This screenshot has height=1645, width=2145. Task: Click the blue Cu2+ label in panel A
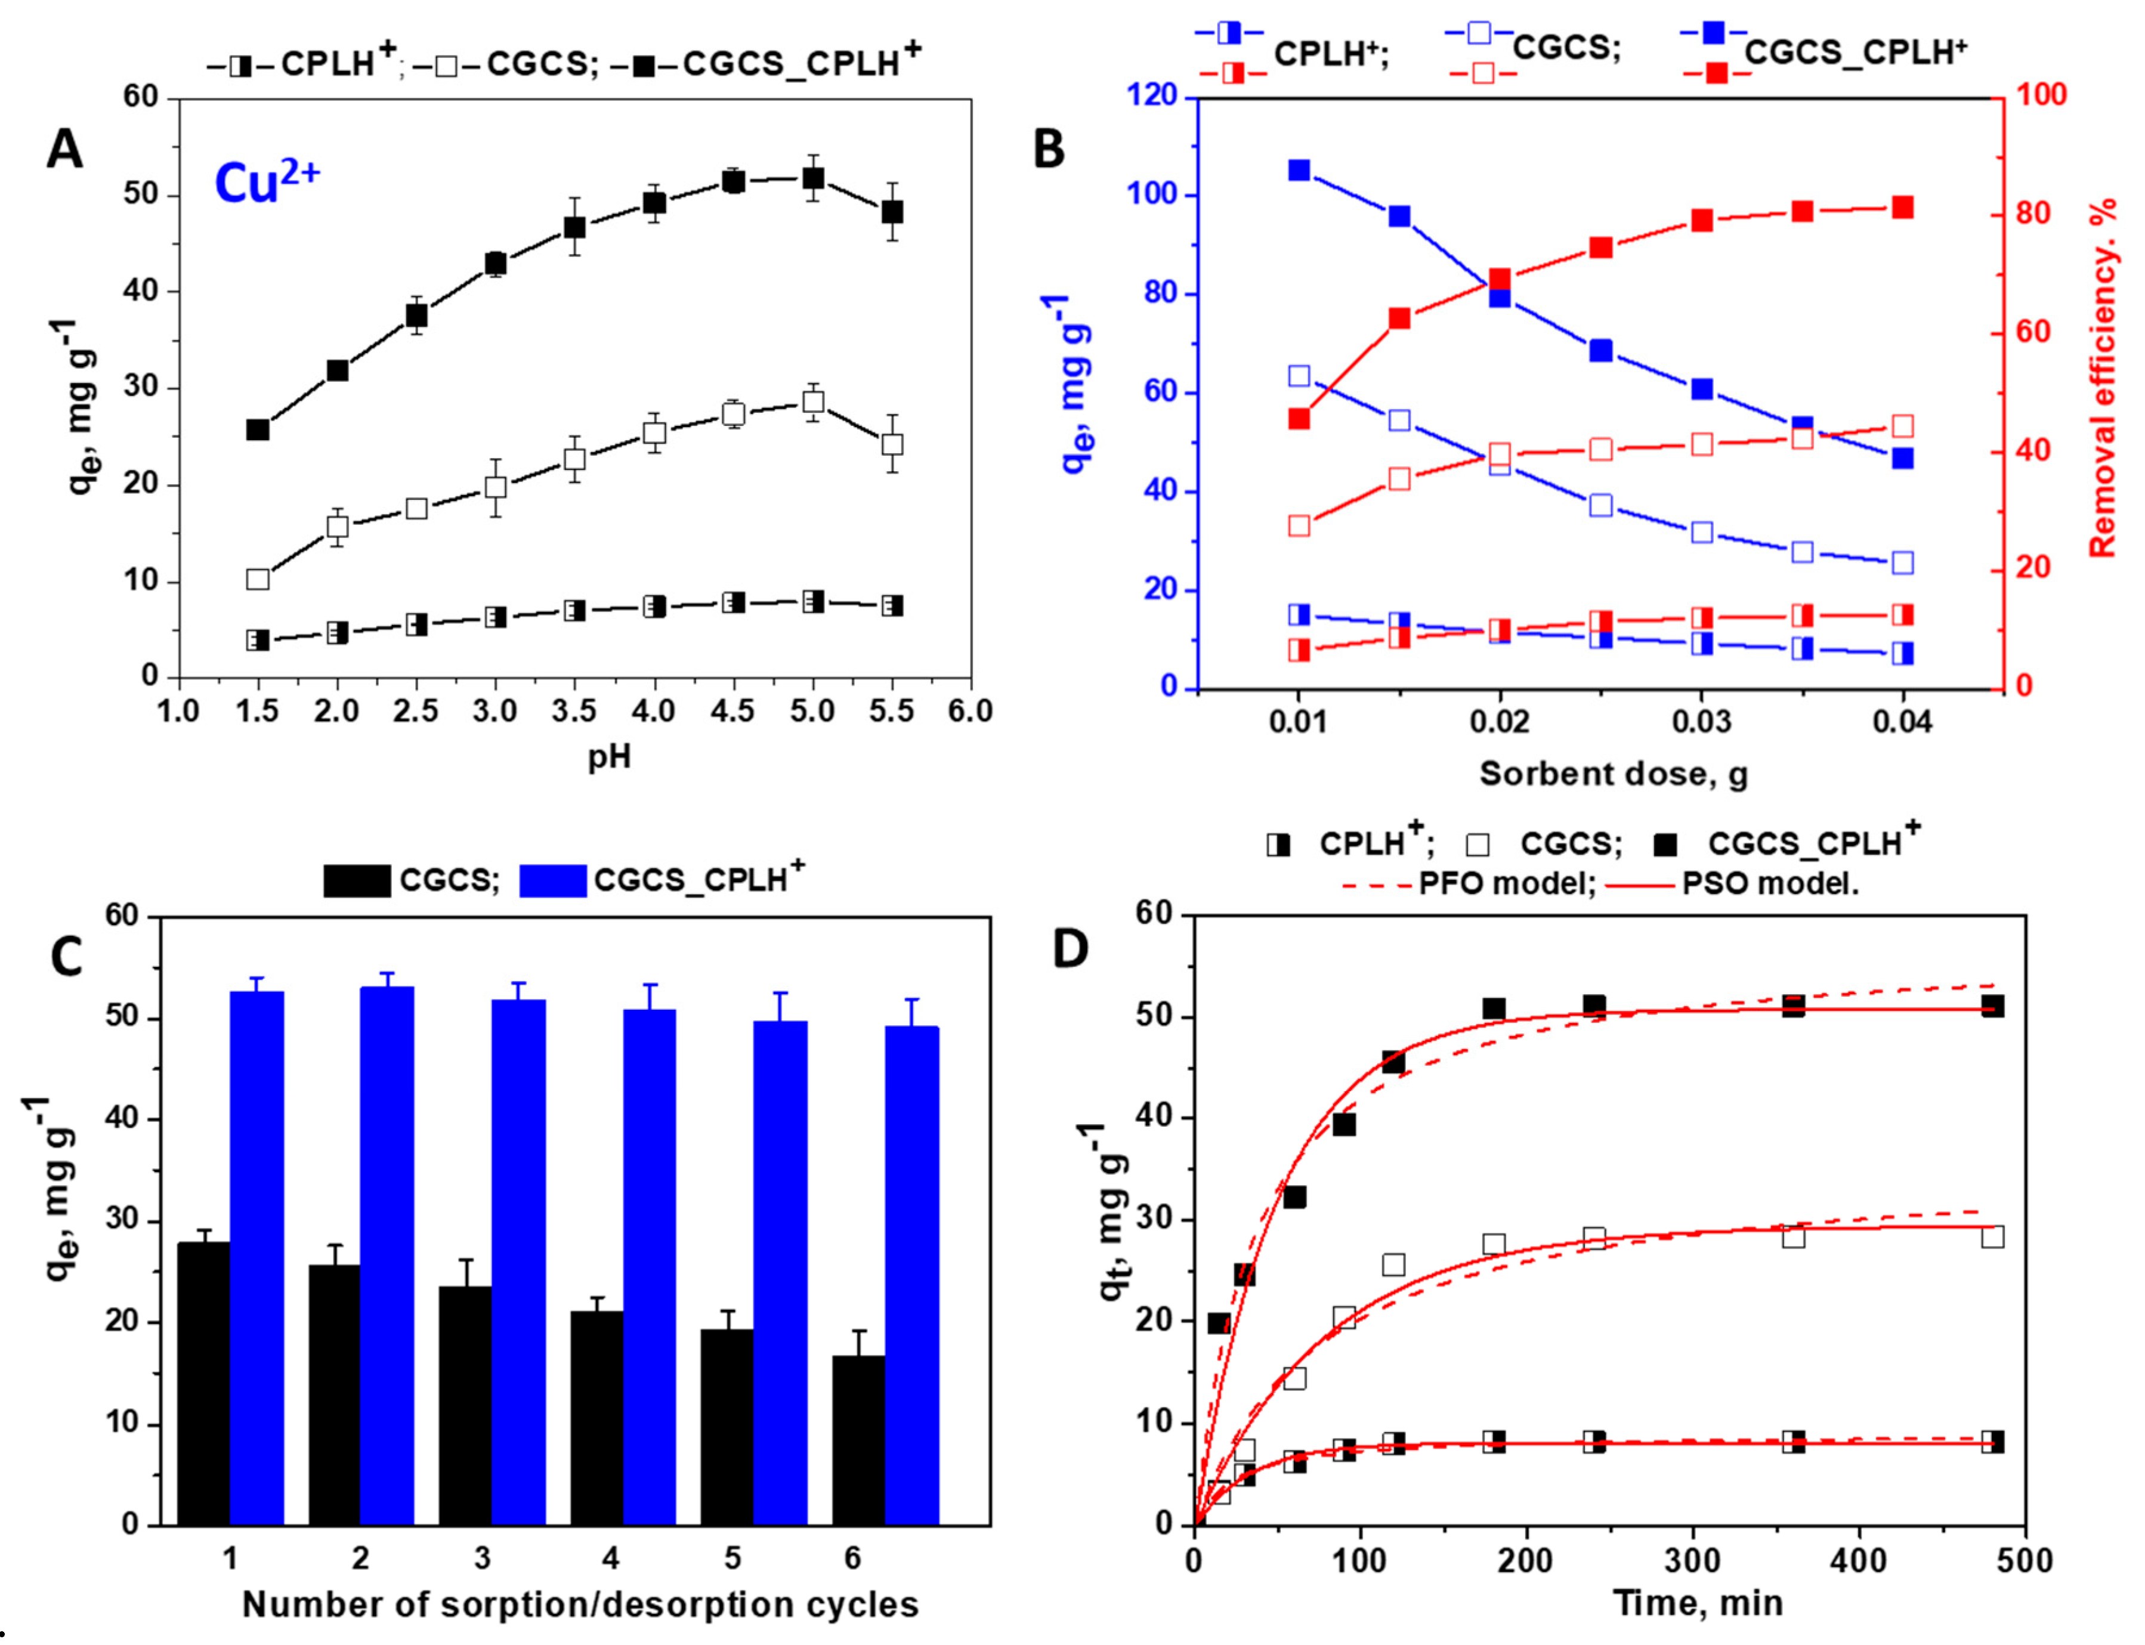pyautogui.click(x=266, y=182)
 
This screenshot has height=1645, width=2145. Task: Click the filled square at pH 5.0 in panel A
pyautogui.click(x=812, y=178)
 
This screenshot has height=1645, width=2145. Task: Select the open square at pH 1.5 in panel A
pyautogui.click(x=258, y=580)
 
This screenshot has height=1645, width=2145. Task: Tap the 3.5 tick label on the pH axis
pyautogui.click(x=574, y=712)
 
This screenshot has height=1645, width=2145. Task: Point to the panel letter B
pyautogui.click(x=1049, y=150)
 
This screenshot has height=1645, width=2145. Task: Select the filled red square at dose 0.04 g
pyautogui.click(x=1902, y=208)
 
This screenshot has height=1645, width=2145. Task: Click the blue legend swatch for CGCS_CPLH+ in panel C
pyautogui.click(x=552, y=880)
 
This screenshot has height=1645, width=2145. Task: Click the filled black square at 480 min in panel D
pyautogui.click(x=1992, y=1007)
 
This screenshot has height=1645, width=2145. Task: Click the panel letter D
pyautogui.click(x=1070, y=948)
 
